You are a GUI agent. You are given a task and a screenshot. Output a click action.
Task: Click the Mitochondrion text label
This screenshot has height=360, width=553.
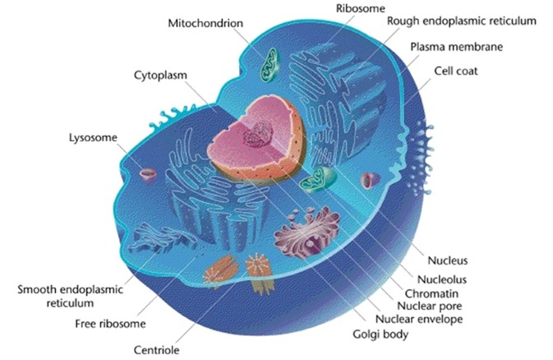pos(205,23)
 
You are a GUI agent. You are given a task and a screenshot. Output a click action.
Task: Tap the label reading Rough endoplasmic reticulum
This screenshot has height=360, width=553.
pos(462,21)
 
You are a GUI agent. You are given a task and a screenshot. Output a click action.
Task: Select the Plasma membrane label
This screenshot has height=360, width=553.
pos(456,47)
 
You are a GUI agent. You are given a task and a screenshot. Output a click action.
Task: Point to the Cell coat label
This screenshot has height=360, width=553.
pos(456,71)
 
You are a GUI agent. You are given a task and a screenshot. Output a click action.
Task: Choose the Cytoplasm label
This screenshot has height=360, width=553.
pos(160,76)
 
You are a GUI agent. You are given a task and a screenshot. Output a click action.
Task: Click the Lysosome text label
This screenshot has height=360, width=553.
pos(93,137)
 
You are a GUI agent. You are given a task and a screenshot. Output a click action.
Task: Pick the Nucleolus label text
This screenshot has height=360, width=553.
pos(442,279)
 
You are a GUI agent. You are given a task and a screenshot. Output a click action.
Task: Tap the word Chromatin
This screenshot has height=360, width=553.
pos(431,293)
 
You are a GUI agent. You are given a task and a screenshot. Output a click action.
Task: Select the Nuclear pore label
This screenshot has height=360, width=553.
pos(430,306)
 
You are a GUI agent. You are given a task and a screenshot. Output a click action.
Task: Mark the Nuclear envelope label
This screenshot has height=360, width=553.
pos(419,320)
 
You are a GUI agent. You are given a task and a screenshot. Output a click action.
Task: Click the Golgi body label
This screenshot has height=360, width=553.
pos(380,335)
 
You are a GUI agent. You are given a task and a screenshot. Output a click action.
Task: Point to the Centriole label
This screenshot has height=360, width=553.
pos(156,350)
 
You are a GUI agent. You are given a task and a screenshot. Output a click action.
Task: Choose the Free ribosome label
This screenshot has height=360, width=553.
pos(110,324)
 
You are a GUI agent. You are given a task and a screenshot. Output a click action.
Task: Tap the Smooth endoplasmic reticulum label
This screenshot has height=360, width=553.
pos(70,296)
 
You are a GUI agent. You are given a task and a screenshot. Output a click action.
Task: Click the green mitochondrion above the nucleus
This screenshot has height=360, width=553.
pos(270,64)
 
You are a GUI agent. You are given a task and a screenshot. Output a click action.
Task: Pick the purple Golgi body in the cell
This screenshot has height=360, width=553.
pos(306,232)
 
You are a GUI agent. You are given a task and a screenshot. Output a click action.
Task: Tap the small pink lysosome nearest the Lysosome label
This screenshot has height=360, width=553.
pos(148,175)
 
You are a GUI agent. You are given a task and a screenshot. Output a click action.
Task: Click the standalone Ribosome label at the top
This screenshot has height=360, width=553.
pos(360,8)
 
